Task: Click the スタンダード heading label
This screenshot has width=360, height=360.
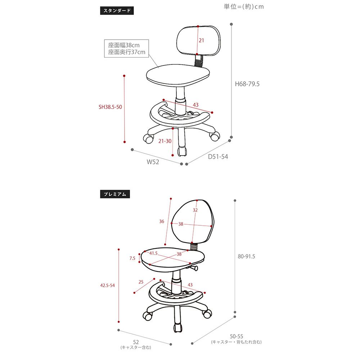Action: point(117,10)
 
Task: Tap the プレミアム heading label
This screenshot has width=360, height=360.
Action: point(115,194)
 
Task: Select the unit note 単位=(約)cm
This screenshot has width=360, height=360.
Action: point(244,6)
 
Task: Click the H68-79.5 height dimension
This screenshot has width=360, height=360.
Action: point(247,84)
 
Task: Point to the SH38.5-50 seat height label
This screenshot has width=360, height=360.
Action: point(110,107)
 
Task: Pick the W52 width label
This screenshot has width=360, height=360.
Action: point(153,162)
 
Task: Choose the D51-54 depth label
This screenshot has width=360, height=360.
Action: point(218,157)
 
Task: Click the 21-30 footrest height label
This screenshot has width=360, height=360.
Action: point(165,141)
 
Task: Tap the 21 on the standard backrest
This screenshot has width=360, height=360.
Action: point(201,40)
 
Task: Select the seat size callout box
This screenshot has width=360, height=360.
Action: point(126,49)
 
